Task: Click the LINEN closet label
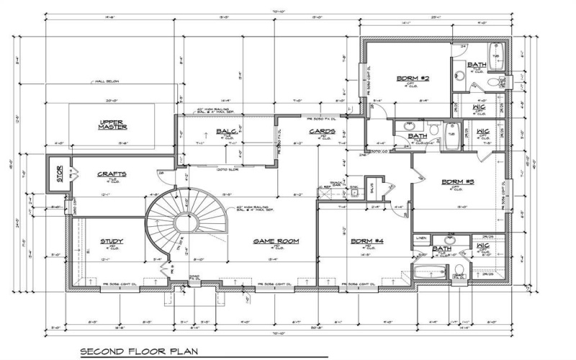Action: click(x=421, y=238)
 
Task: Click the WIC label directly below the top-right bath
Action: click(x=478, y=108)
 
